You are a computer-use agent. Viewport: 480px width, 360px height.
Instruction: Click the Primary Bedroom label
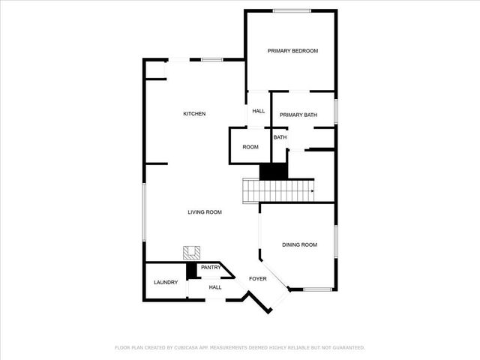tap(293, 51)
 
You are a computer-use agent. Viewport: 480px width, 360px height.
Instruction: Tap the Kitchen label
tap(194, 114)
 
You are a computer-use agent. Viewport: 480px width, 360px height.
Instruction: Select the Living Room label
tap(205, 212)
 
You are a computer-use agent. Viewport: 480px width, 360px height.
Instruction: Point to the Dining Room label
tap(299, 244)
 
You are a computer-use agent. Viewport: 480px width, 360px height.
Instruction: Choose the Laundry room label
tap(166, 282)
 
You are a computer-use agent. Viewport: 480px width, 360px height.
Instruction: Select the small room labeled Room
tap(250, 147)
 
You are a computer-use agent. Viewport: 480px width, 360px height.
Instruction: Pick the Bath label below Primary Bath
tap(280, 137)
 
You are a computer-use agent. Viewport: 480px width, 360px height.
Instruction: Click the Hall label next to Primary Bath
tap(259, 111)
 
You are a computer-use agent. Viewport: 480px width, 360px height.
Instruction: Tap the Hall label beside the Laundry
tap(215, 287)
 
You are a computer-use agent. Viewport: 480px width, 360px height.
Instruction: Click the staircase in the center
tap(278, 190)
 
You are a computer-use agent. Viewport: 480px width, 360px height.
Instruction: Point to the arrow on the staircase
tap(310, 190)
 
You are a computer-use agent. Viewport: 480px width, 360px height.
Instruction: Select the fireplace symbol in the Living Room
tap(192, 253)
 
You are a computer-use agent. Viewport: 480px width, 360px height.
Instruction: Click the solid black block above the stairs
tap(274, 171)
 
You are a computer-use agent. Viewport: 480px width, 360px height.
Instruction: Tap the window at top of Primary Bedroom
tap(292, 10)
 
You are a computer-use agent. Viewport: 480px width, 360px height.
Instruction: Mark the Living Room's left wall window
tap(144, 211)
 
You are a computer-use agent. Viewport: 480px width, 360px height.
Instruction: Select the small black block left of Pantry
tap(191, 270)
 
